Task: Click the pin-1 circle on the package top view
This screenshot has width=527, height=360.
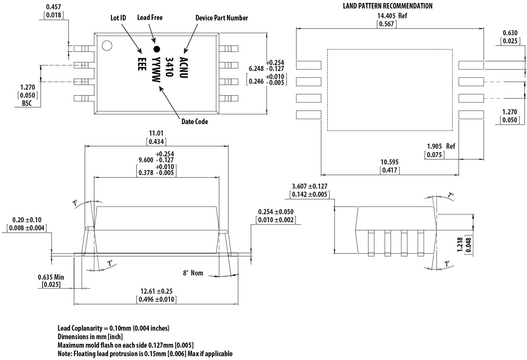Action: (106, 45)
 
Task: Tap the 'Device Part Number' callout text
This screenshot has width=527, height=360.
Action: (221, 18)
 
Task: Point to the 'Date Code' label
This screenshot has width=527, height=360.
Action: (195, 122)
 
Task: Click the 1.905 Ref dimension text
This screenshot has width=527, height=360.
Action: (441, 146)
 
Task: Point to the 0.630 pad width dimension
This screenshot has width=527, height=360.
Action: (510, 33)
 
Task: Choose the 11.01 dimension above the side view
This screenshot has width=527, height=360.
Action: (156, 133)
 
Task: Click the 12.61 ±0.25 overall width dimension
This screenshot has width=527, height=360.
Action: (156, 291)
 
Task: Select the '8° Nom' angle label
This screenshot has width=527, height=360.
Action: (193, 273)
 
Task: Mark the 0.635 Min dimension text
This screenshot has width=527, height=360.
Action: (51, 277)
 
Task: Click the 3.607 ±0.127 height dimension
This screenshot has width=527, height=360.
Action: (309, 186)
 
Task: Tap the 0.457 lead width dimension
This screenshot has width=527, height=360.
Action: (54, 7)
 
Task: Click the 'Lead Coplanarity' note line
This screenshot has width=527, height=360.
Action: (113, 328)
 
